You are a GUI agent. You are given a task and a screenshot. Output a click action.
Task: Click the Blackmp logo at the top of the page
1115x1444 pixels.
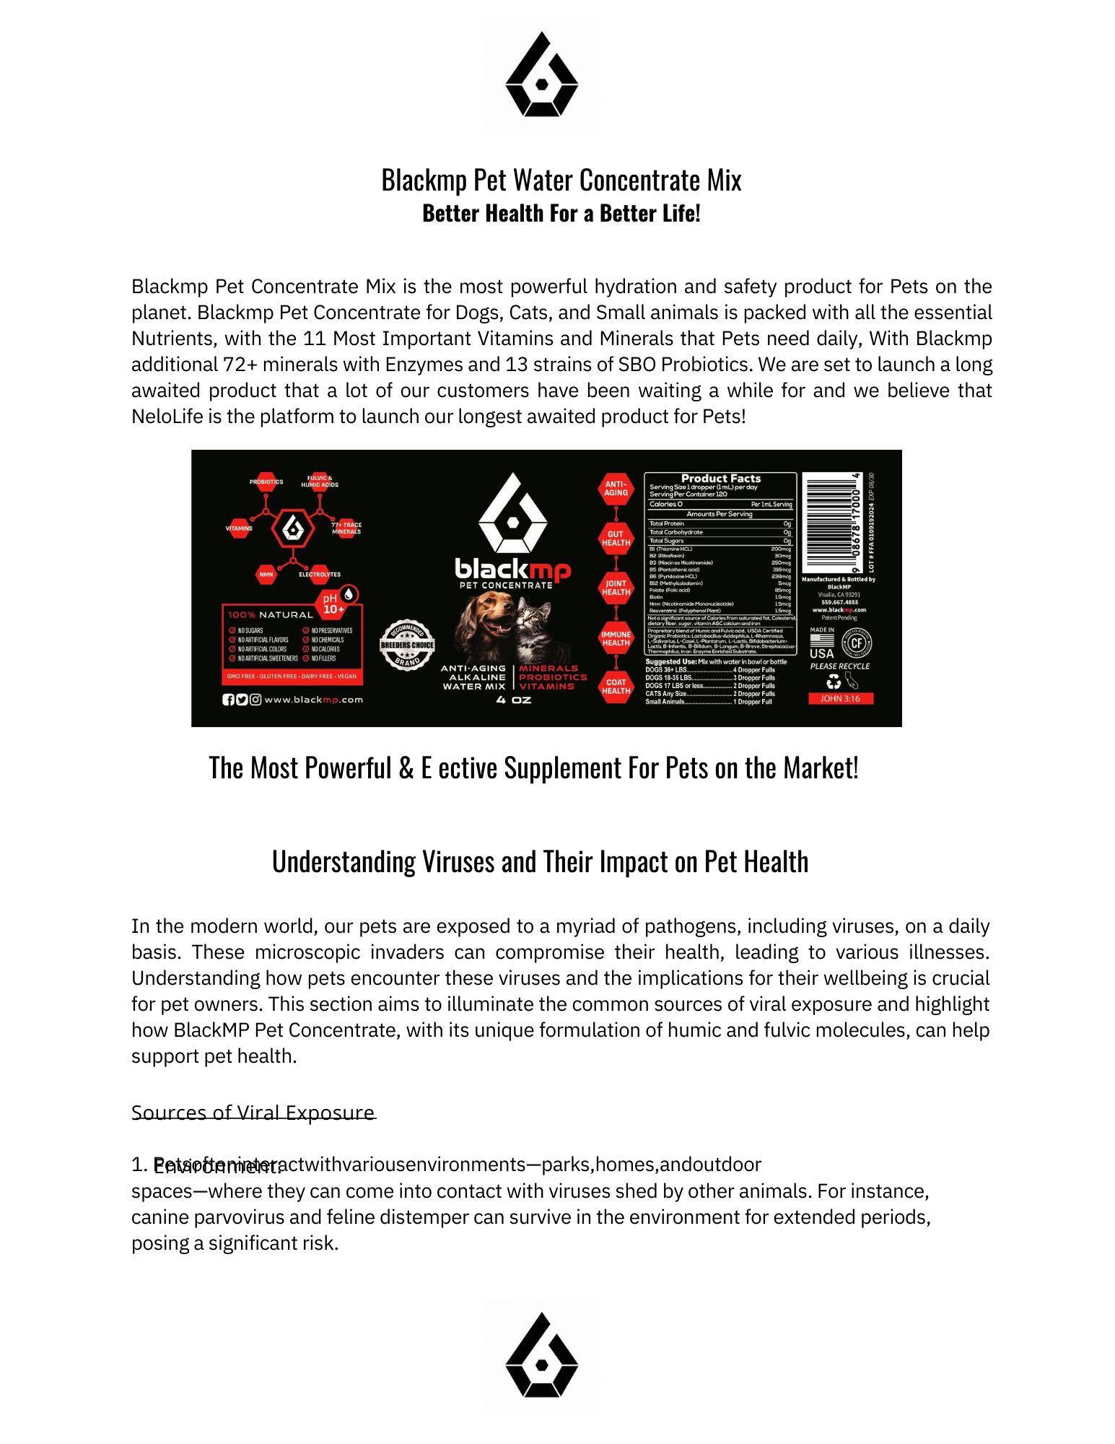(541, 76)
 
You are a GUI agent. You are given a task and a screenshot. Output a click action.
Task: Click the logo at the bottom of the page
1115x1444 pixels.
(541, 1355)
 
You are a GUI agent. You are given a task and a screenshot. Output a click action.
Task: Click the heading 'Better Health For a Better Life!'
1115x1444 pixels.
(561, 214)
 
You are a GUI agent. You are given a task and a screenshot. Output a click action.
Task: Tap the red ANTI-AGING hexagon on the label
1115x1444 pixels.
(616, 489)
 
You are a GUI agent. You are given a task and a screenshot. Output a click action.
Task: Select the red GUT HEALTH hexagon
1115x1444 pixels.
(616, 539)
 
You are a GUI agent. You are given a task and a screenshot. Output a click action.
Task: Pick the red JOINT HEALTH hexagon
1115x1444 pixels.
(616, 588)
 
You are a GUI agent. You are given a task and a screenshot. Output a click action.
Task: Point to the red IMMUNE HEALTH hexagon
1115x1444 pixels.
(616, 638)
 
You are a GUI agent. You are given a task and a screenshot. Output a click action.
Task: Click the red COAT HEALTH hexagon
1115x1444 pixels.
(616, 687)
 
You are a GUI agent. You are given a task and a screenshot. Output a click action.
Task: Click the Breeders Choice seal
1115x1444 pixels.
(407, 645)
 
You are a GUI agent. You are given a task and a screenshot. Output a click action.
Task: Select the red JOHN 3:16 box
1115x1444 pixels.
(840, 698)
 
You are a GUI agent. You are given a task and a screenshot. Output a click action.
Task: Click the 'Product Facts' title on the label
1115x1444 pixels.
(720, 478)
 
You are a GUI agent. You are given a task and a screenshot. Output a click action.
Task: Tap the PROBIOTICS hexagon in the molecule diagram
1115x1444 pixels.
(266, 482)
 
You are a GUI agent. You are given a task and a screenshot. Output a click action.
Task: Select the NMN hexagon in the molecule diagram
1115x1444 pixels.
(266, 575)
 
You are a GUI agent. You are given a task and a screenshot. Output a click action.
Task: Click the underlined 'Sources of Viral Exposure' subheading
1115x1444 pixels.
(253, 1113)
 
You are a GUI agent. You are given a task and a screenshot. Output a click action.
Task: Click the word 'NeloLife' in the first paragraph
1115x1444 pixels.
(167, 417)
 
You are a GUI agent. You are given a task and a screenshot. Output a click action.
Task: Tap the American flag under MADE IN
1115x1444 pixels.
(821, 640)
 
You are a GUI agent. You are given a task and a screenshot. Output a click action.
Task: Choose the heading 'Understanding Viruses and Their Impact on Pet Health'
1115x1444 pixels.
(540, 862)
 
